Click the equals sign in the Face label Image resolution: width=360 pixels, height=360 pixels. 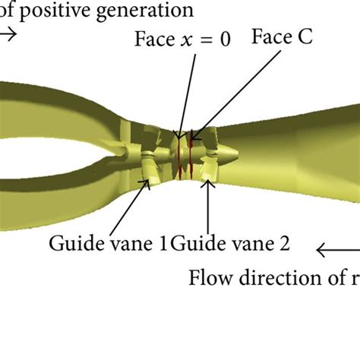206,39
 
